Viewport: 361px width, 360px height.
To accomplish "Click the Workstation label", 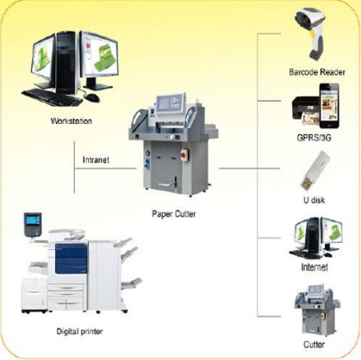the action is coord(72,121).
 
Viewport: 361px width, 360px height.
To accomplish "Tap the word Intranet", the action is coord(96,159).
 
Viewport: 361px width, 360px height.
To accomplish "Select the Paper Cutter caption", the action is coord(174,214).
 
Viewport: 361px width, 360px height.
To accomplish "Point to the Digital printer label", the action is coord(79,332).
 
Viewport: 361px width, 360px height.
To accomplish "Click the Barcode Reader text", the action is coord(317,71).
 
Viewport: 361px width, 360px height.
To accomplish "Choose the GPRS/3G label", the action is coord(314,138).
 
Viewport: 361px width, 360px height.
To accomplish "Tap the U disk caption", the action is coord(314,200).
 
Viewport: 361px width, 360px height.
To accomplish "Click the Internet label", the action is coord(314,267).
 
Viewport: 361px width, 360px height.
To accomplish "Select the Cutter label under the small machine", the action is coord(314,344).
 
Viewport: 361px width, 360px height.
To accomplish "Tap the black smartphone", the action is coord(329,106).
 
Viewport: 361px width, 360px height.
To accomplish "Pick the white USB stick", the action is coord(314,171).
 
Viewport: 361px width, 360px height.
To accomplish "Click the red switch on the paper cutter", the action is coord(184,154).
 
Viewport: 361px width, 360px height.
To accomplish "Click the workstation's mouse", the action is coord(92,97).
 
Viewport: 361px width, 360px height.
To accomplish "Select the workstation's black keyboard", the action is coord(52,97).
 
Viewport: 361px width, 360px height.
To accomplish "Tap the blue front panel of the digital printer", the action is coord(71,258).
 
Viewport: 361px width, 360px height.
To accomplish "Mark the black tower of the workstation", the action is coord(66,63).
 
